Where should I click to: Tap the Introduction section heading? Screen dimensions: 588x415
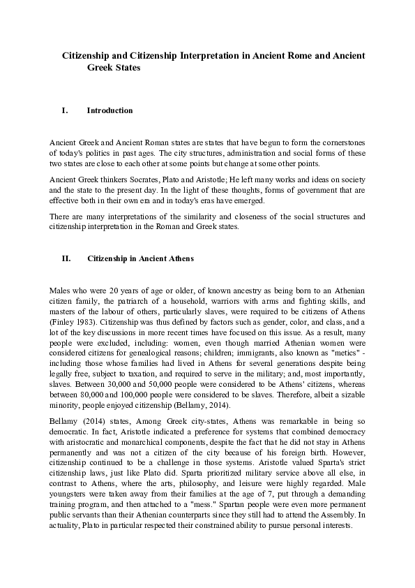(x=110, y=110)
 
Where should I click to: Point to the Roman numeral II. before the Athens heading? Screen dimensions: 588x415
(x=66, y=258)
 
